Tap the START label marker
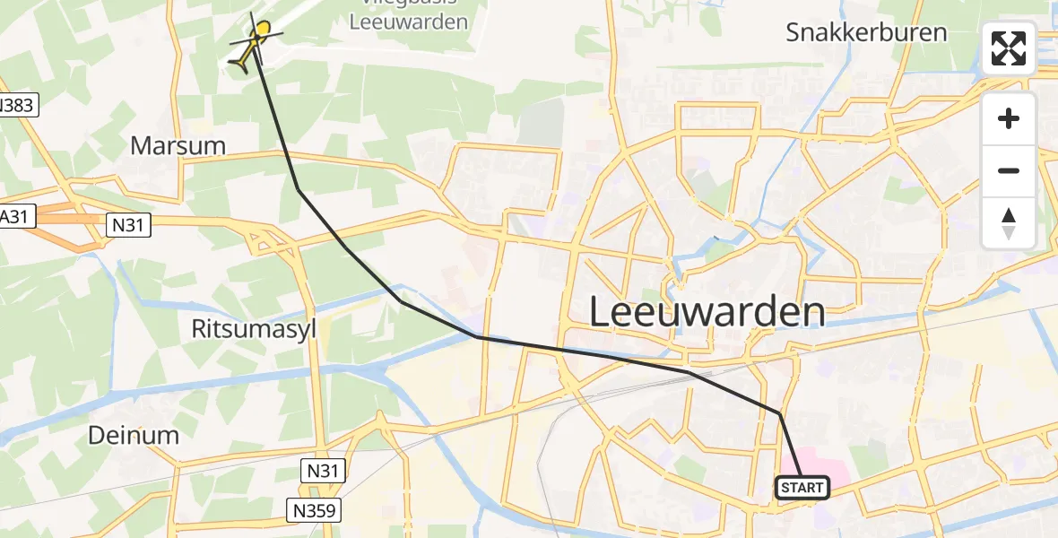coord(802,488)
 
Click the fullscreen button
coord(1009,48)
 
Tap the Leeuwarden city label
coord(707,312)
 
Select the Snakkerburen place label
coord(866,33)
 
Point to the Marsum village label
coord(178,145)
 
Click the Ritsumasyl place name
coord(255,328)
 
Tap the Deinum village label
coord(134,436)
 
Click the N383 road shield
coord(15,106)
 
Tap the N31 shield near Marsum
coord(127,227)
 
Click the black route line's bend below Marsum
coord(298,189)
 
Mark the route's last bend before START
coord(779,413)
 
